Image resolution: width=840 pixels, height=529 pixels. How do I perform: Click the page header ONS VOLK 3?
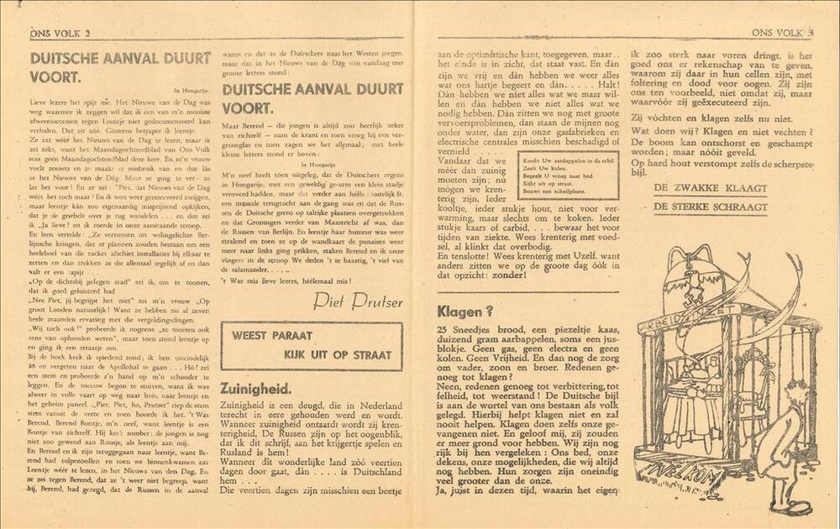pos(782,32)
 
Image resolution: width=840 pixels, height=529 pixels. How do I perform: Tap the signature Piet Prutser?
pos(357,301)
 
